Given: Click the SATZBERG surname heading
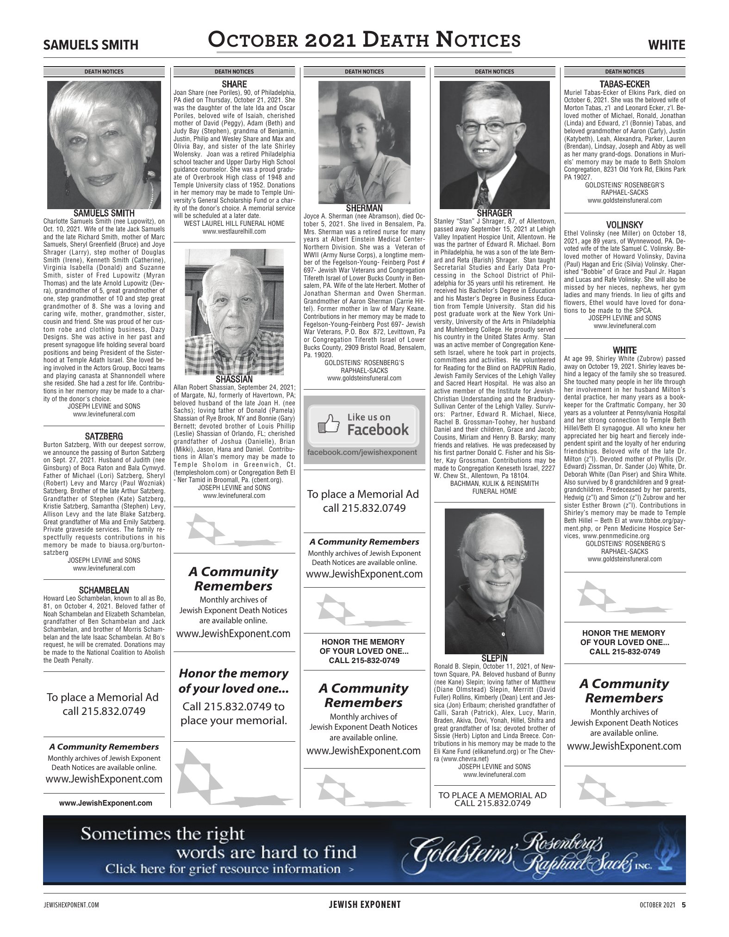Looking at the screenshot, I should (x=104, y=436).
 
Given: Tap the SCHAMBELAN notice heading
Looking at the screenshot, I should (x=104, y=590).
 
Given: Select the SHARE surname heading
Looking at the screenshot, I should (x=234, y=84).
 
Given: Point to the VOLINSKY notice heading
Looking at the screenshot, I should (x=624, y=225).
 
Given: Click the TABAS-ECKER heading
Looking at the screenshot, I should (x=624, y=84).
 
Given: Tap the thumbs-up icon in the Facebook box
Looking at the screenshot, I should (x=326, y=425).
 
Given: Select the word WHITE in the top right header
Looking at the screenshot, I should (x=667, y=45).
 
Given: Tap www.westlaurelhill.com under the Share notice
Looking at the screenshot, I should (x=234, y=231).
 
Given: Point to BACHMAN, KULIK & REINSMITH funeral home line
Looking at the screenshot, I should (x=494, y=484).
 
